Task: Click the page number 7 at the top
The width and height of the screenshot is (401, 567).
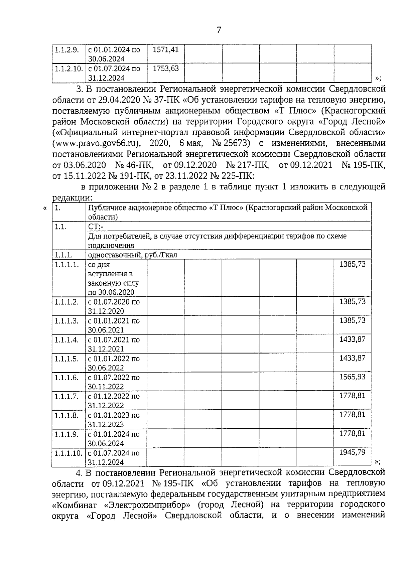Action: point(219,30)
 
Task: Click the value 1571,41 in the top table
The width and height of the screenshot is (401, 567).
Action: point(165,50)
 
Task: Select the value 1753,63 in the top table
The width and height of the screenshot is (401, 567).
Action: point(165,69)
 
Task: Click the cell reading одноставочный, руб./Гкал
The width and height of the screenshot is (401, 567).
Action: point(132,255)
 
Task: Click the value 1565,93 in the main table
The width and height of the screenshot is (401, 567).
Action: point(352,377)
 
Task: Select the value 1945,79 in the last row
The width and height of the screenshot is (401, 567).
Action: point(352,452)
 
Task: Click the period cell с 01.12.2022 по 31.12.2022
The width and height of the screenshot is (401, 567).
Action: point(114,401)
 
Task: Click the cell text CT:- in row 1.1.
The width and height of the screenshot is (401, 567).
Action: point(96,227)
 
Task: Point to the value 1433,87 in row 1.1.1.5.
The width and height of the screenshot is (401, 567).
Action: point(352,358)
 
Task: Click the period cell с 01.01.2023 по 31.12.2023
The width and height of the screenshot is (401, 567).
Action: point(114,420)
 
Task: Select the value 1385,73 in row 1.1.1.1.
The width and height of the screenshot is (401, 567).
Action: point(352,264)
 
